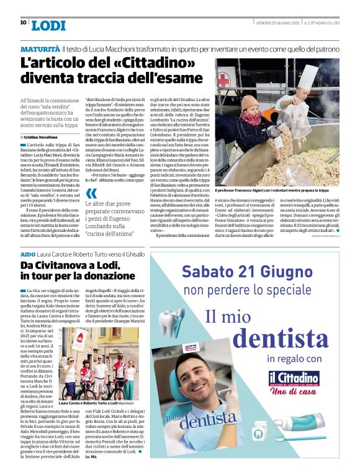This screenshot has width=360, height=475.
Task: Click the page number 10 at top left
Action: pyautogui.click(x=23, y=22)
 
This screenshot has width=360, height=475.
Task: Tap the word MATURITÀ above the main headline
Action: pyautogui.click(x=40, y=48)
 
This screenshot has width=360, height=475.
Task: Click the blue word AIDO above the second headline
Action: pyautogui.click(x=27, y=255)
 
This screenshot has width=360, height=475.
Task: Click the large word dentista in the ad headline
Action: pyautogui.click(x=285, y=338)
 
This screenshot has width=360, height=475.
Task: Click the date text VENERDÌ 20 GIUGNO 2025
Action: pyautogui.click(x=278, y=23)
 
